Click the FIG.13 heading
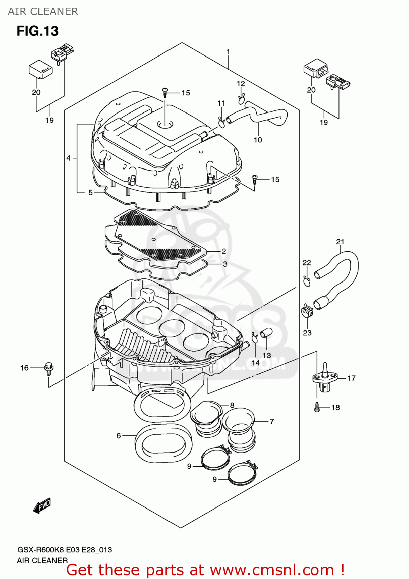[37, 31]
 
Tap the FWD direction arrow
[42, 505]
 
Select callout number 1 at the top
[228, 52]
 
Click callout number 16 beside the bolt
[24, 368]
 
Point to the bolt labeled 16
[49, 368]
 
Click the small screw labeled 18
[317, 407]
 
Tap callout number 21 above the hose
[340, 242]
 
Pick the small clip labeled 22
[307, 282]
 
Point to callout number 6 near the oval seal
[119, 435]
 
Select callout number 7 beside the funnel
[272, 422]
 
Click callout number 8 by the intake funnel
[232, 405]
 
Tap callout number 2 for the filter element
[224, 251]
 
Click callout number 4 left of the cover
[68, 158]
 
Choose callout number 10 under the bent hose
[258, 140]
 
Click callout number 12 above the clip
[241, 83]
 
